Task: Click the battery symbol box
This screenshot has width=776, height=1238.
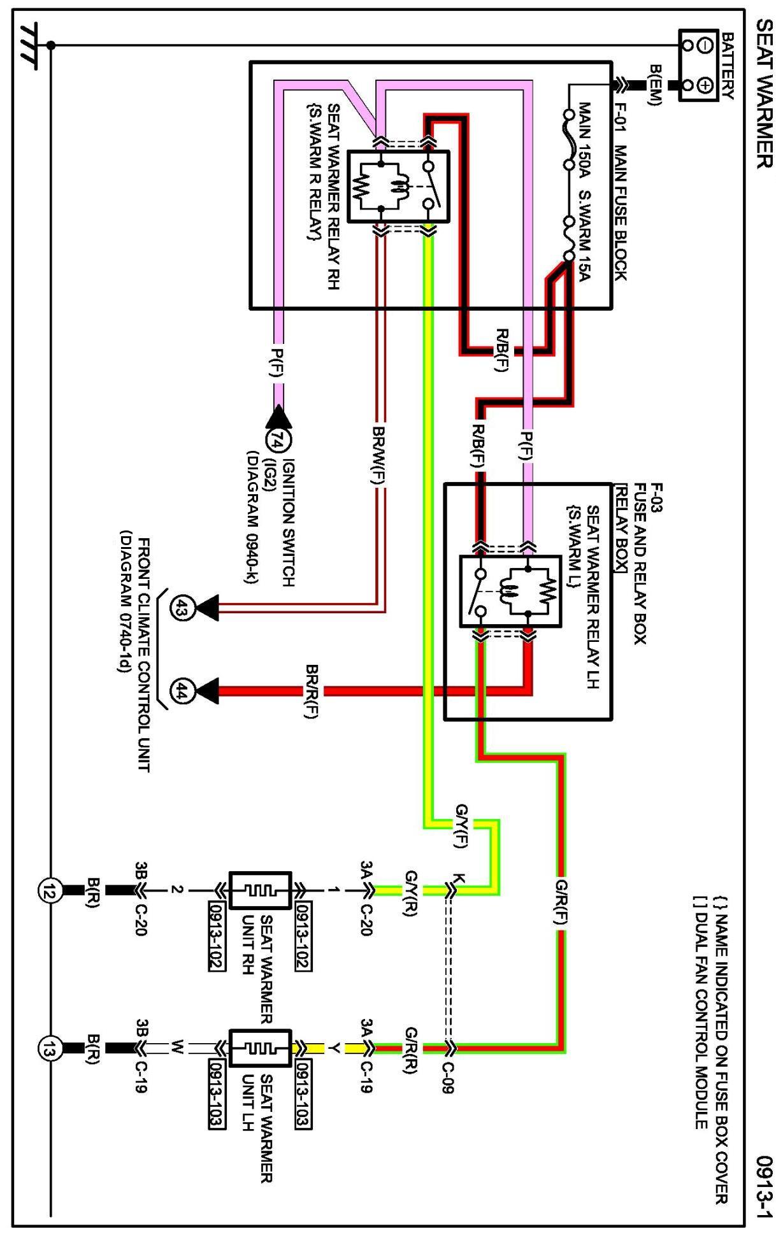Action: click(698, 65)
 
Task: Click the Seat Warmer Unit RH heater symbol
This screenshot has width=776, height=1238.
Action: click(260, 890)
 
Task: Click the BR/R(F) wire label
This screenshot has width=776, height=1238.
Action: click(312, 692)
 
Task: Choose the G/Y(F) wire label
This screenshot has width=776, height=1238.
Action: click(461, 826)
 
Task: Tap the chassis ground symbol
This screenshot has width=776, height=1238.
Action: click(28, 45)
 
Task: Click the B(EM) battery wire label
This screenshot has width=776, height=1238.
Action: click(656, 85)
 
